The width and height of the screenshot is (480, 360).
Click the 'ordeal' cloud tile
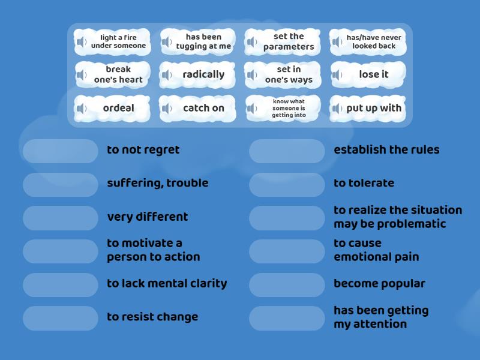click(x=112, y=109)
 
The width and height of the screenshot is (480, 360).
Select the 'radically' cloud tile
click(x=197, y=74)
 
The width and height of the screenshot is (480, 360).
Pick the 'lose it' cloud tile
click(x=368, y=74)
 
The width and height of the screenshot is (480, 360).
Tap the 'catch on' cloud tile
click(x=197, y=109)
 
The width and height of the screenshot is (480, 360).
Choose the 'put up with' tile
click(x=368, y=109)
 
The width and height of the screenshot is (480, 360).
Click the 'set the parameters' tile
click(x=283, y=41)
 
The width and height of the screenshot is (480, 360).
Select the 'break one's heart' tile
click(x=112, y=74)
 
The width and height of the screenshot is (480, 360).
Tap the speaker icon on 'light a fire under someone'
click(x=82, y=41)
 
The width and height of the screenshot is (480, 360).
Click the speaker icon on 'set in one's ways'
click(x=252, y=74)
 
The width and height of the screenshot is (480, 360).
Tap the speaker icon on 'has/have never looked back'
click(x=337, y=41)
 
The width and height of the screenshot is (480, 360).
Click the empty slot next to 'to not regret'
click(x=61, y=151)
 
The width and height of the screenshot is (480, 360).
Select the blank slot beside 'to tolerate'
click(x=287, y=185)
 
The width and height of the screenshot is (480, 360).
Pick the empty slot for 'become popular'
click(x=287, y=285)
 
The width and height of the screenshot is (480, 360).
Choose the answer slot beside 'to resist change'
click(x=61, y=318)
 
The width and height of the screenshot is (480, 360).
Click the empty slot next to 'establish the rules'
click(x=287, y=151)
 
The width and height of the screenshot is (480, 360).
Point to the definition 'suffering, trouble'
click(x=158, y=183)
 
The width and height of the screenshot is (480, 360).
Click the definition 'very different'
click(x=147, y=217)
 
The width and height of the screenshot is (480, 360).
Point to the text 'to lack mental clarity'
click(x=167, y=283)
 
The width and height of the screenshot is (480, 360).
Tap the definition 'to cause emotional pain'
click(x=376, y=250)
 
